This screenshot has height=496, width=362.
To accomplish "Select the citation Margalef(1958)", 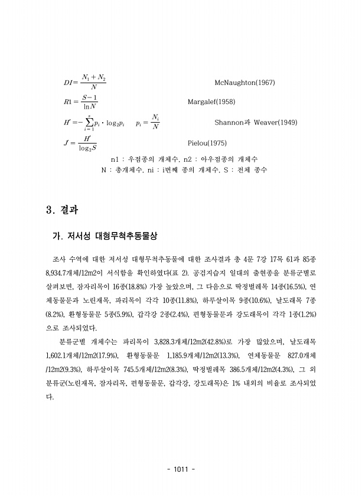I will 211,102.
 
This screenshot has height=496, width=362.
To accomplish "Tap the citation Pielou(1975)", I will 206,143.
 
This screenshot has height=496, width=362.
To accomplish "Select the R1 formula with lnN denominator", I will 81,102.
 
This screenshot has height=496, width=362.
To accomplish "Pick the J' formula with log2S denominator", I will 81,143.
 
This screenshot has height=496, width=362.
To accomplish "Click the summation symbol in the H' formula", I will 88,123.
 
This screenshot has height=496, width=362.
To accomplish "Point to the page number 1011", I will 181,469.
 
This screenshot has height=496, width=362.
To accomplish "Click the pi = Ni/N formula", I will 148,123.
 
